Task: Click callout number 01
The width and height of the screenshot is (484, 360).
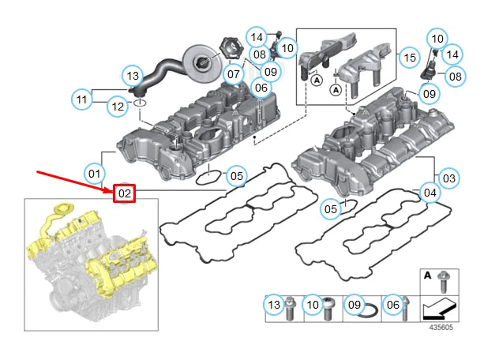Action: pos(94,172)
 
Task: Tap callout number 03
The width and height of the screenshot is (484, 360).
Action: pos(448,178)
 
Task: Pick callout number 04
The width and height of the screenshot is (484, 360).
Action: pos(430,192)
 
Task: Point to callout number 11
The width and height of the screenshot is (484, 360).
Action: pos(81,99)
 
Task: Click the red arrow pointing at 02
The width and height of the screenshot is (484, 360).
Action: pos(71,180)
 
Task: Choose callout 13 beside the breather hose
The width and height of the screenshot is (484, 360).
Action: pos(133,76)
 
